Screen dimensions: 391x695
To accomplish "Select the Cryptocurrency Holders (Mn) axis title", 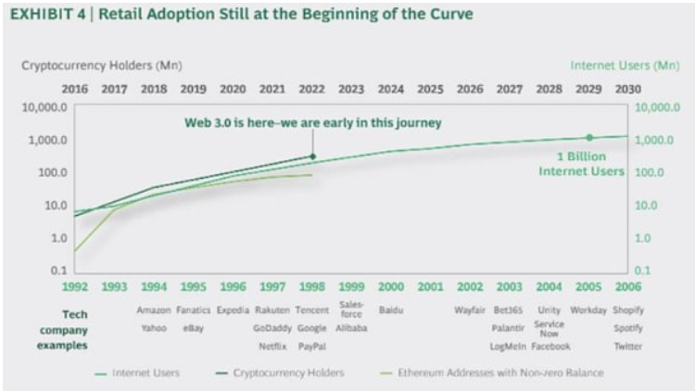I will pos(102,65).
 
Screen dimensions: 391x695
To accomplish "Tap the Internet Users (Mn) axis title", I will pos(625,65).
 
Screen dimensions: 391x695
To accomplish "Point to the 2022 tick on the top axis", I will pos(311,90).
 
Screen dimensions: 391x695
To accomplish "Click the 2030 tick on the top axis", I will pos(627,90).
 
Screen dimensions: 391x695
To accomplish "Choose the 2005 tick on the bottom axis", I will pos(588,287).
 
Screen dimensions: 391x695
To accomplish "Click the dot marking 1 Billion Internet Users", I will pos(588,137).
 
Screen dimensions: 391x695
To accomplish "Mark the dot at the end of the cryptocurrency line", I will pos(312,157).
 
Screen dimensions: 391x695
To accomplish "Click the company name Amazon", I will pos(154,310).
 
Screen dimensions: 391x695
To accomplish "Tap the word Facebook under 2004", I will pos(550,346).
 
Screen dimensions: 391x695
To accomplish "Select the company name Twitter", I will pos(628,346).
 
